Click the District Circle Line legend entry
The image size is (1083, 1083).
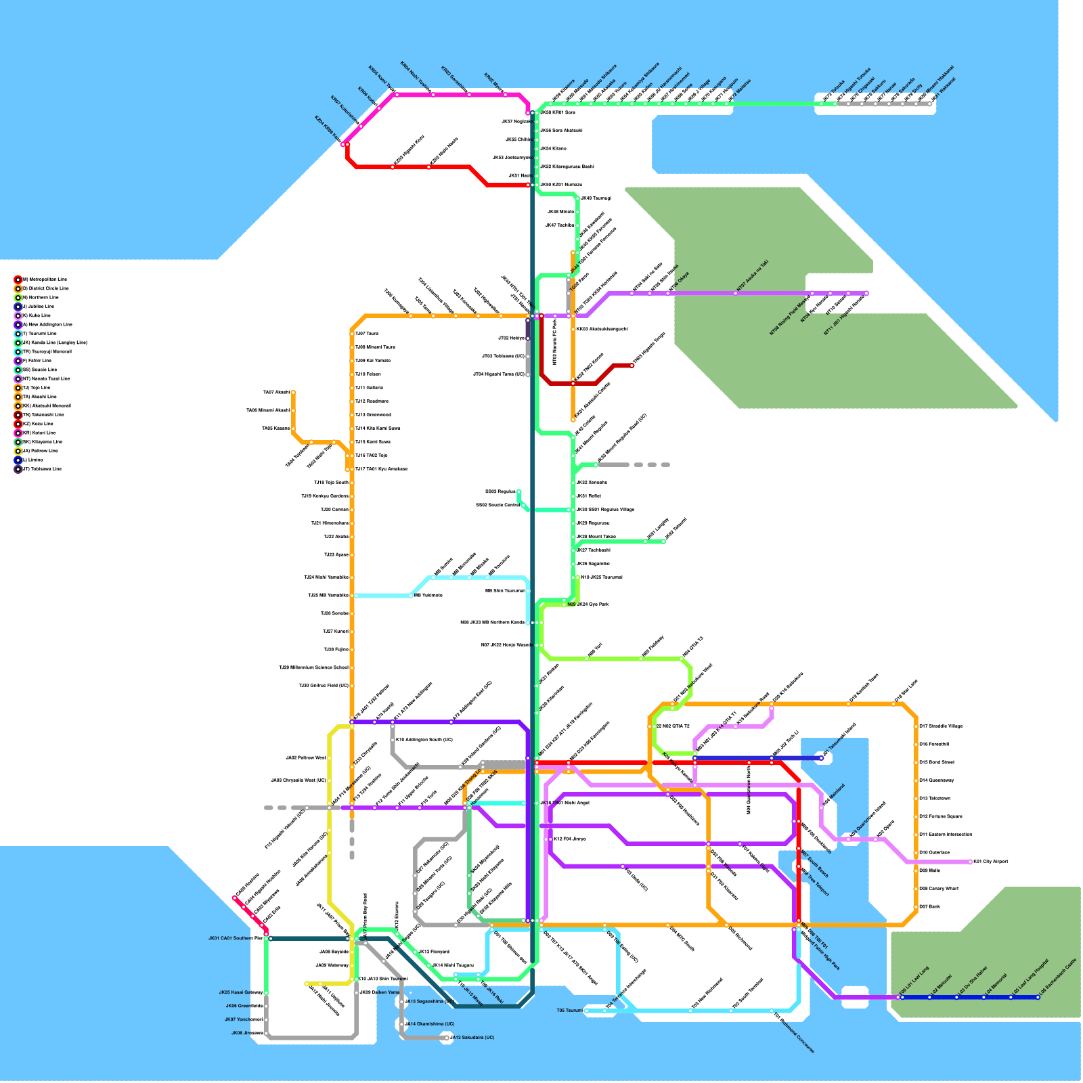pos(45,288)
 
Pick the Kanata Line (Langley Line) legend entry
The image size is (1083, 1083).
pos(54,342)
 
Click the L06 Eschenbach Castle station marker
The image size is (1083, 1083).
pos(1038,997)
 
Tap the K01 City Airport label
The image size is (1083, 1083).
pos(990,862)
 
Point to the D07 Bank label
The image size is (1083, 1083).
pos(929,906)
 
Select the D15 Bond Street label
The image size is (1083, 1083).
pos(936,762)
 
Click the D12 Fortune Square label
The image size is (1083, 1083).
pos(940,816)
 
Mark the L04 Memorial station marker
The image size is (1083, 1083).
pos(983,997)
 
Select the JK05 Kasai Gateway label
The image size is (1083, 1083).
pos(240,992)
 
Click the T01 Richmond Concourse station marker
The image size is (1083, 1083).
pos(772,1011)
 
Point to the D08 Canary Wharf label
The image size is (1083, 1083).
pos(938,889)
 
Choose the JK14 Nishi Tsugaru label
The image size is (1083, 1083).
pos(453,965)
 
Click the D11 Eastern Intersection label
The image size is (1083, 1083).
pos(945,835)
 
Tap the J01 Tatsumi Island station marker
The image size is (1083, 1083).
pos(821,758)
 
